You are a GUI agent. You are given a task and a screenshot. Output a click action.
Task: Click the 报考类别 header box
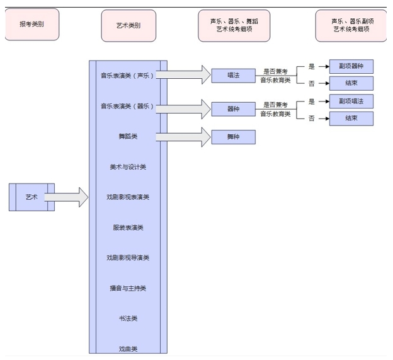(x=31, y=25)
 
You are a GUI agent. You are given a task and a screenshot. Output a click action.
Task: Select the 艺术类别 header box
(x=128, y=25)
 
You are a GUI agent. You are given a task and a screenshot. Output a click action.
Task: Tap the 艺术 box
(x=31, y=197)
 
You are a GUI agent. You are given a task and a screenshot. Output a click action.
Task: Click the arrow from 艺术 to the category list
(x=67, y=197)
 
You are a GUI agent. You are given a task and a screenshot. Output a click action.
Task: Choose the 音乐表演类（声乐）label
(x=128, y=76)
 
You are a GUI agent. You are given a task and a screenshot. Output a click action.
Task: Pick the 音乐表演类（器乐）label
(x=128, y=106)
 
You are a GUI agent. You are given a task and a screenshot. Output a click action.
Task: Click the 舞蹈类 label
(x=128, y=136)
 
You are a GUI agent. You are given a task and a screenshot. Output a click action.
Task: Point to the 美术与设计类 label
(x=128, y=167)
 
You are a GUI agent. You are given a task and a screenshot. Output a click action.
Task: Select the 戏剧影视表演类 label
(x=128, y=197)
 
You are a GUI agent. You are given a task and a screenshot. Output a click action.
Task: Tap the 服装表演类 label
(x=128, y=228)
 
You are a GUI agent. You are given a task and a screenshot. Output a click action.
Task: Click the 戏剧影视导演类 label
(x=128, y=258)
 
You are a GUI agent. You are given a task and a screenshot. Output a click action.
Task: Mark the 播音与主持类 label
(x=128, y=288)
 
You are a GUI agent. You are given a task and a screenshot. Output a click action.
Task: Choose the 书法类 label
(x=128, y=318)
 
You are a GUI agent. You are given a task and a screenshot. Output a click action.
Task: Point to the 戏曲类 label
(x=128, y=349)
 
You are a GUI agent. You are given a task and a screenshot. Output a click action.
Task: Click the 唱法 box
(x=233, y=75)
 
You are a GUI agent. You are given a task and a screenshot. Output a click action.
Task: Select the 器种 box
(x=233, y=108)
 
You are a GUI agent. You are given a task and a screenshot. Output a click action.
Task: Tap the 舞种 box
(x=233, y=137)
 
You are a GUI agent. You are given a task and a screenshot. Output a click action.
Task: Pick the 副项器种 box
(x=351, y=66)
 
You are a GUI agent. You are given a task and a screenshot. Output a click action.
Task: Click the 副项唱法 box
(x=351, y=101)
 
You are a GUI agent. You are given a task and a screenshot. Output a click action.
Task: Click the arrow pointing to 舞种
(x=183, y=137)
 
